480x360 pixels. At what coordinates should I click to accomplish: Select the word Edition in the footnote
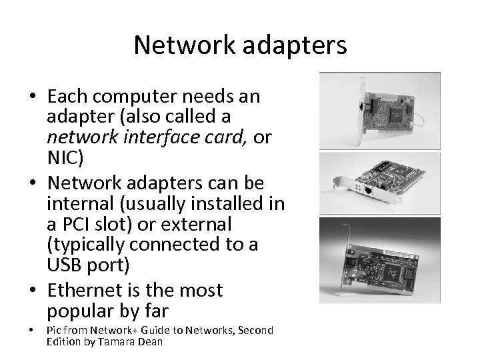click(x=63, y=341)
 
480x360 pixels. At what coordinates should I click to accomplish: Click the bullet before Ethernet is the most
click(x=33, y=291)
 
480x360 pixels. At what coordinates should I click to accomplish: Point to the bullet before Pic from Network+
click(x=33, y=331)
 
